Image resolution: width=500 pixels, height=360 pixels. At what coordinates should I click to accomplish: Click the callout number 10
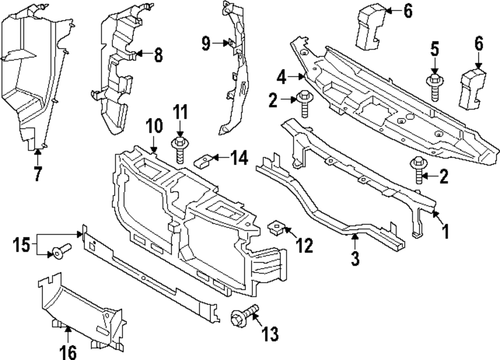point(154,125)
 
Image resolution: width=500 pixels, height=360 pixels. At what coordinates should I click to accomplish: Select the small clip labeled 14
point(202,160)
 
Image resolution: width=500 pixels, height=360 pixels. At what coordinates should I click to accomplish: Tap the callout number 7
point(37,174)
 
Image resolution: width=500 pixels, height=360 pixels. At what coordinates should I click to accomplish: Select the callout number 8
point(158,55)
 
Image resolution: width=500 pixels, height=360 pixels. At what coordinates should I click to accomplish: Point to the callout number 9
point(205,44)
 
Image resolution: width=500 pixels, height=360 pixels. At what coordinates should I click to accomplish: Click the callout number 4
point(282,77)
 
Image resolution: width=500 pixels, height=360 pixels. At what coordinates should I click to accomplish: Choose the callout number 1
point(444,231)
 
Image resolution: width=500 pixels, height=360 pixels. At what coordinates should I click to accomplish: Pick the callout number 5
point(434,49)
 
